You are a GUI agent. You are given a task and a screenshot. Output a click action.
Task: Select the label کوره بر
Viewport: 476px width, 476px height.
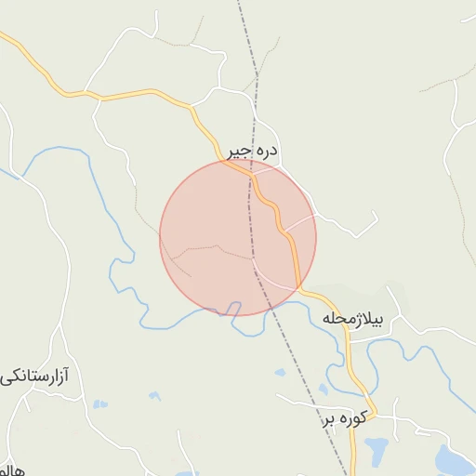pyautogui.click(x=346, y=418)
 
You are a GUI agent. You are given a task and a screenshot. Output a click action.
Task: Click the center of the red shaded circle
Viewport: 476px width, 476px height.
pyautogui.click(x=238, y=237)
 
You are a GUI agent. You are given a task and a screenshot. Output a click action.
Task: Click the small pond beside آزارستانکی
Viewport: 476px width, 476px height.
pyautogui.click(x=99, y=404)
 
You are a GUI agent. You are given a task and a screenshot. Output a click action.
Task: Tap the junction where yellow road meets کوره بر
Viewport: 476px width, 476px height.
pyautogui.click(x=354, y=395)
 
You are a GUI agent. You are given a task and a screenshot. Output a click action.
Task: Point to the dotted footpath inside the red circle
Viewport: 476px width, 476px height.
pyautogui.click(x=214, y=247)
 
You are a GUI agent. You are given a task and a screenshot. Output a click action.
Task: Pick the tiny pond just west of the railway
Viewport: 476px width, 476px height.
pyautogui.click(x=280, y=373)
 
